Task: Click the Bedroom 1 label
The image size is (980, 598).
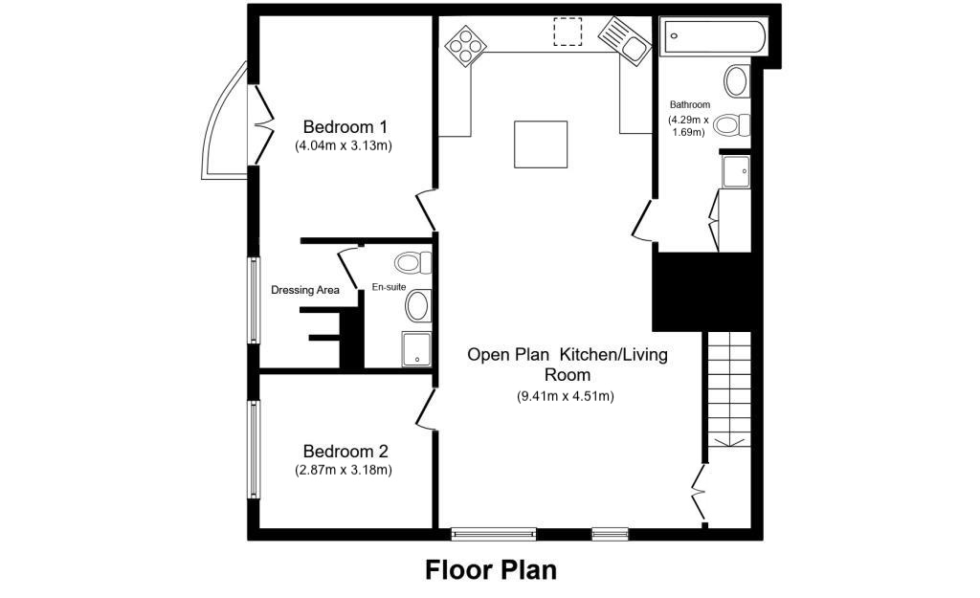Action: [345, 126]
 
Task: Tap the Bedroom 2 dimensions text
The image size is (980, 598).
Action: [345, 471]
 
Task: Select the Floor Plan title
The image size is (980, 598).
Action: [491, 570]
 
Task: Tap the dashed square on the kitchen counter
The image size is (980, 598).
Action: [568, 32]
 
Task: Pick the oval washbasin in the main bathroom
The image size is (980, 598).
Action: [737, 81]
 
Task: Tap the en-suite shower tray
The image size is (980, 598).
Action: [416, 349]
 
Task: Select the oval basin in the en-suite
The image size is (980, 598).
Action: [418, 306]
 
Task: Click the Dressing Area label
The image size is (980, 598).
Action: [305, 290]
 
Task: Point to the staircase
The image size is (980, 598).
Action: [730, 388]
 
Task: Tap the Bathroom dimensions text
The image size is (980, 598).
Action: [689, 126]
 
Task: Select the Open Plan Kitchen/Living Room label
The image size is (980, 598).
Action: [567, 365]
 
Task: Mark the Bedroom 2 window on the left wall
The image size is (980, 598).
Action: [255, 450]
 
